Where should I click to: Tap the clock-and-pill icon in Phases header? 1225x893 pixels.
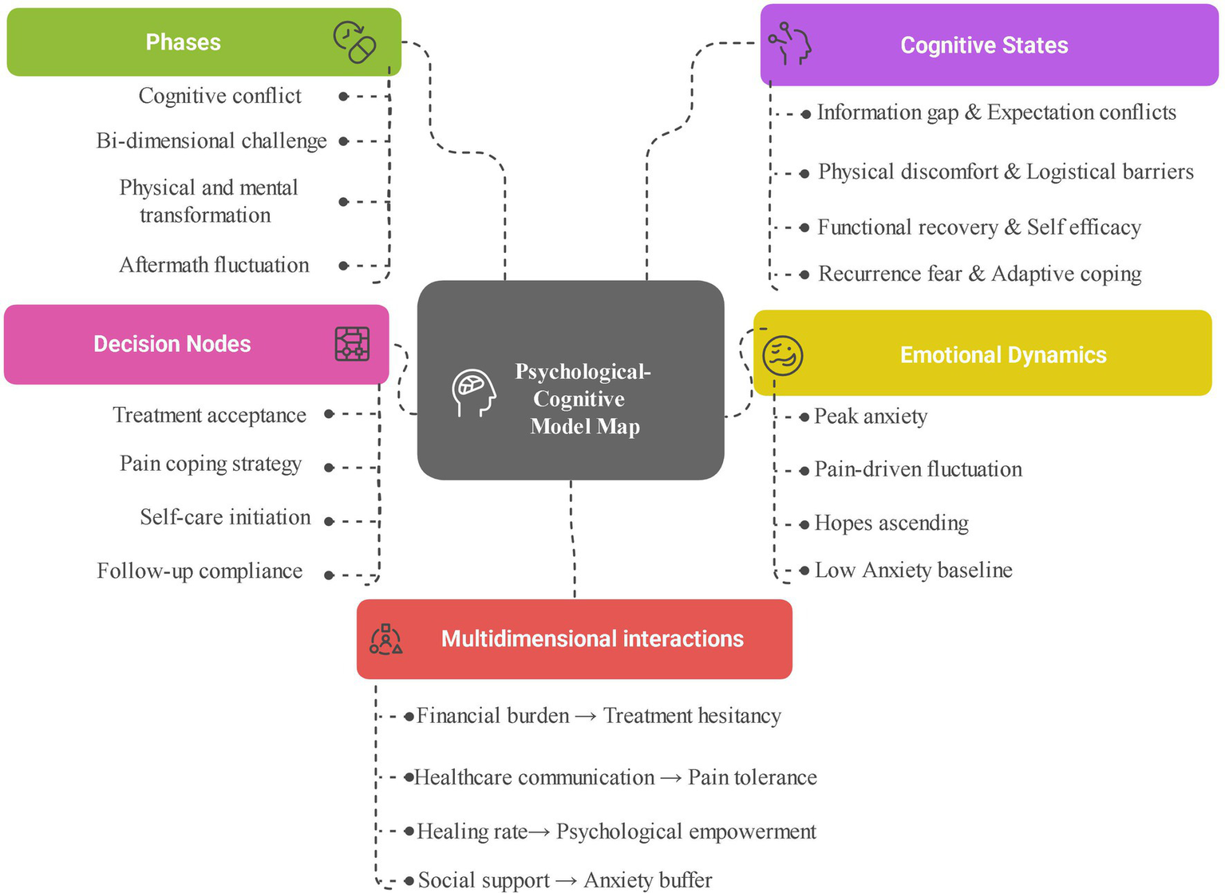tap(354, 41)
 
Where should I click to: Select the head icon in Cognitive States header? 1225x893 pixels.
tap(789, 44)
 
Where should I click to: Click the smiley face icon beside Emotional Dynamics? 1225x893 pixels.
tap(782, 355)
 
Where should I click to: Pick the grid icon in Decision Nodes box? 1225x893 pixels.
tap(352, 344)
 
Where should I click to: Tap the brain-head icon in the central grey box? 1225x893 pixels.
tap(473, 392)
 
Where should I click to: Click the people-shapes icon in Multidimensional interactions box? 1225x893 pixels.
tap(386, 640)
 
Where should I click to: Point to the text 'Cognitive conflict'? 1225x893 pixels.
tap(219, 96)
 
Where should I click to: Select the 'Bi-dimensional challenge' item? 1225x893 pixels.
tap(211, 141)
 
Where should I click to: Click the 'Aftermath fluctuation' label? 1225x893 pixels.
tap(214, 265)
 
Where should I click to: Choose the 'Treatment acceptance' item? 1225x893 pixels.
tap(209, 415)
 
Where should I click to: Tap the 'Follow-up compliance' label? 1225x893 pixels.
tap(200, 571)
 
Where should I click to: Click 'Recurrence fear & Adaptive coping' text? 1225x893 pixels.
tap(979, 275)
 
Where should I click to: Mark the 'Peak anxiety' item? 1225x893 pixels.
tap(870, 417)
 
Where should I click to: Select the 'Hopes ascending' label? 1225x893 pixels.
tap(891, 524)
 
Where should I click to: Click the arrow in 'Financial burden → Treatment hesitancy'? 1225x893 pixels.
tap(586, 717)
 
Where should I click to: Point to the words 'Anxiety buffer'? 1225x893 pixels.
tap(647, 880)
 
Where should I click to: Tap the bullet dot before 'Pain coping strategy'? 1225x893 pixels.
tap(329, 468)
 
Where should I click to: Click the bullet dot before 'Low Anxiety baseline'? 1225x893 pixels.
tap(804, 571)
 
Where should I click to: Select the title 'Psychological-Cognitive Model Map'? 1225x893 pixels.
tap(583, 399)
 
